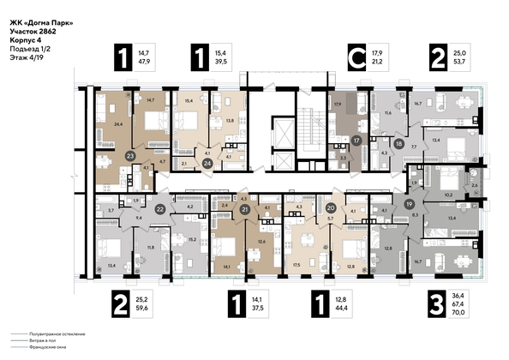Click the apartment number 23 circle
click(x=130, y=156)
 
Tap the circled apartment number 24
click(x=207, y=162)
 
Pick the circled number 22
click(x=160, y=207)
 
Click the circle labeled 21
click(x=245, y=209)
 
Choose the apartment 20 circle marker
click(x=331, y=207)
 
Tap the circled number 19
click(x=410, y=204)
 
